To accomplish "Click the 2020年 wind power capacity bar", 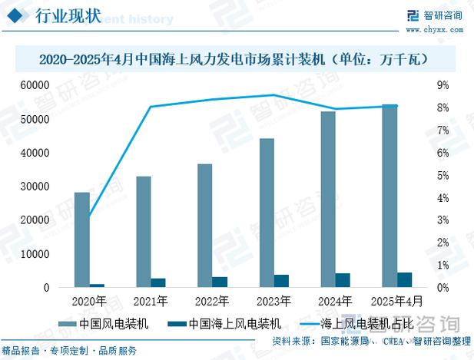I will click(x=81, y=239).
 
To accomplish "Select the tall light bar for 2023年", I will click(x=266, y=213).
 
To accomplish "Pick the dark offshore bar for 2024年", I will click(x=343, y=280).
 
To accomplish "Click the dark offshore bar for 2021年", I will click(x=157, y=282).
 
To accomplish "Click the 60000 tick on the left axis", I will click(x=47, y=86).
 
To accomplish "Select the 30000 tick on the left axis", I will click(x=47, y=187).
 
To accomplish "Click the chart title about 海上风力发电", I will click(x=237, y=58).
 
